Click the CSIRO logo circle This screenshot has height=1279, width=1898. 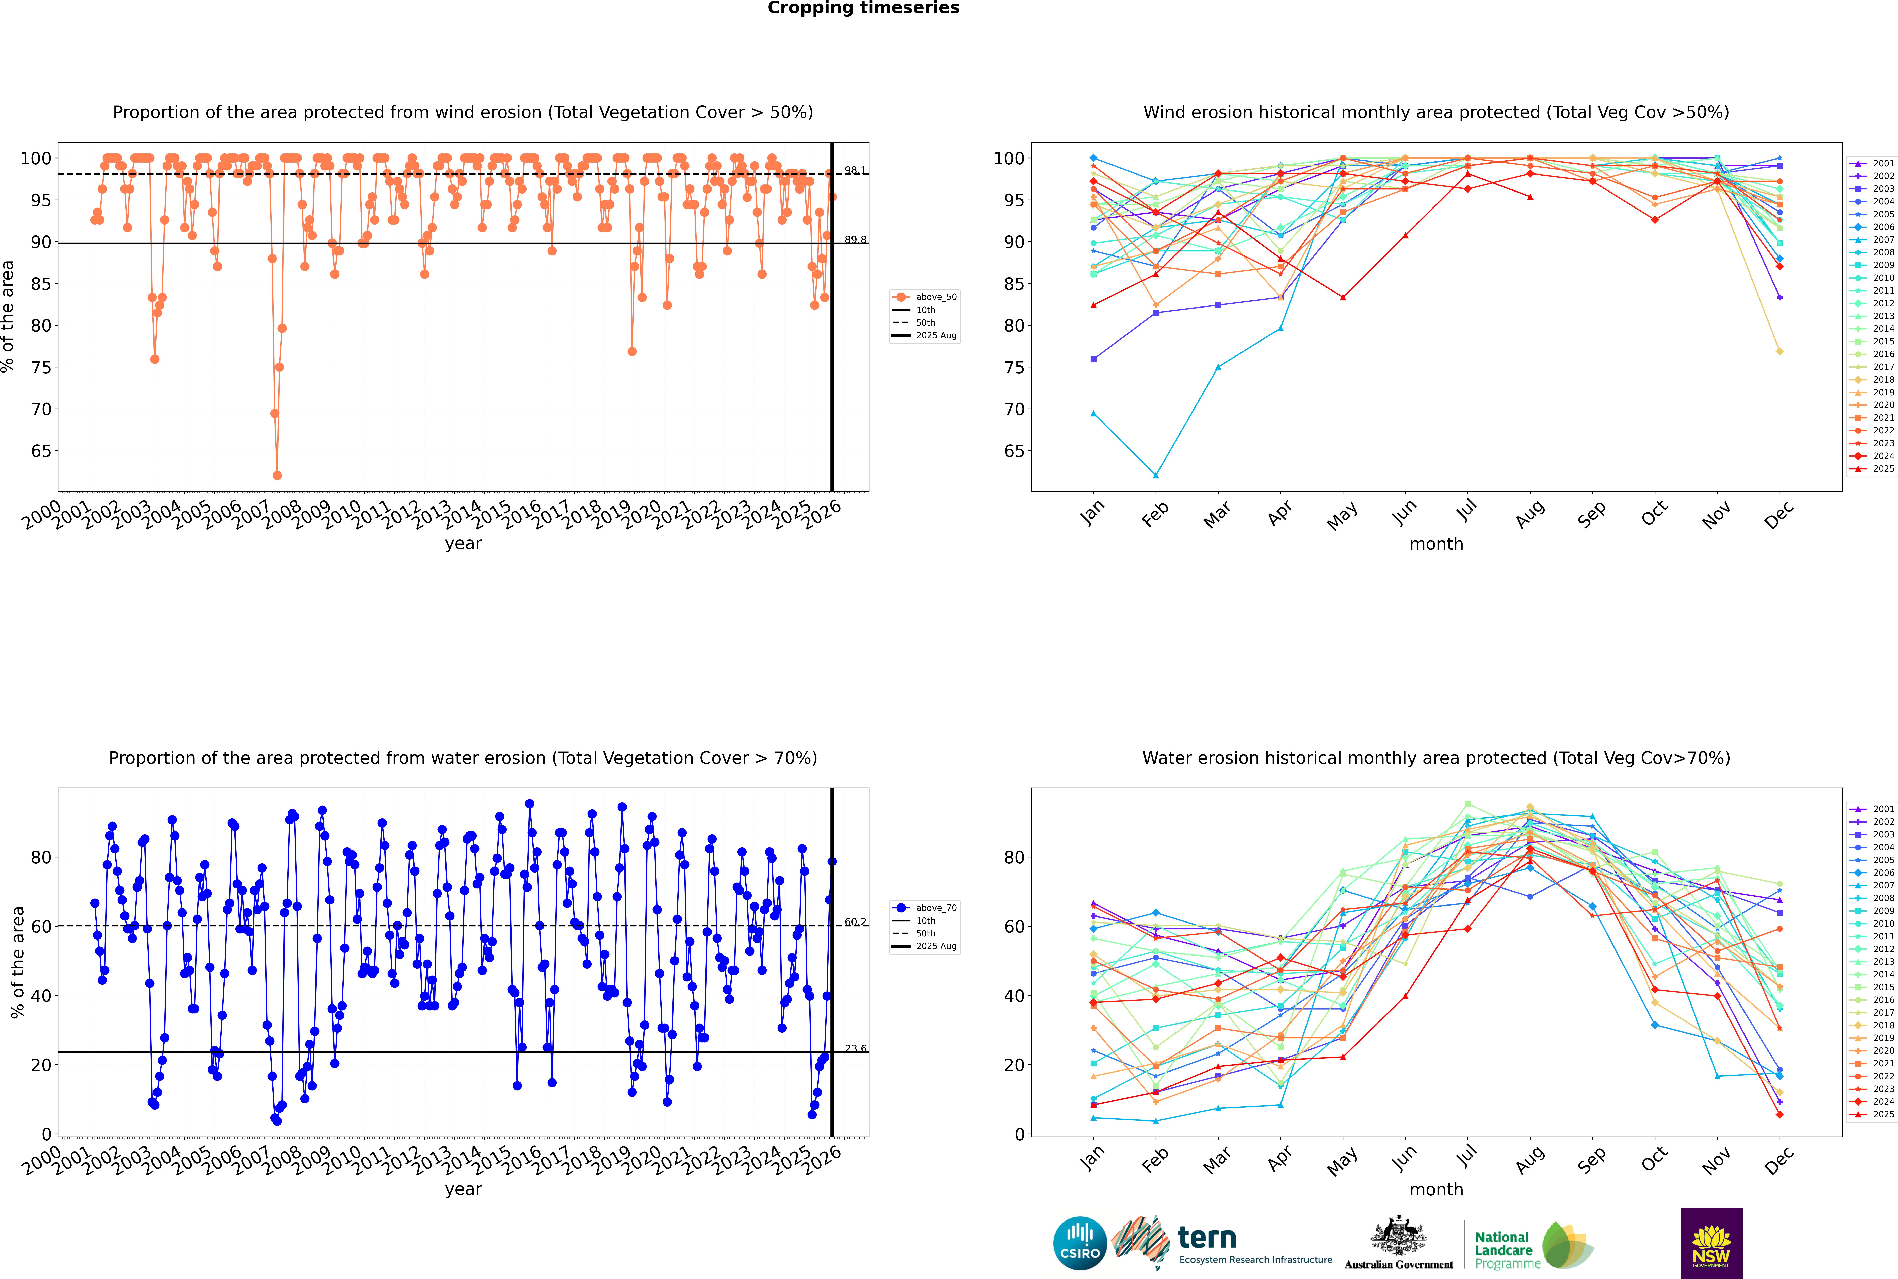pos(1080,1243)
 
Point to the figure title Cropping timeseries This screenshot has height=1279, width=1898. pos(863,8)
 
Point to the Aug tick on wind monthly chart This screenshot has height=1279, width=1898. pos(1530,512)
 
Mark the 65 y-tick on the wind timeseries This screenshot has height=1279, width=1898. pos(41,451)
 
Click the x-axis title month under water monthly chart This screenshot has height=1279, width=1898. pos(1436,1189)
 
